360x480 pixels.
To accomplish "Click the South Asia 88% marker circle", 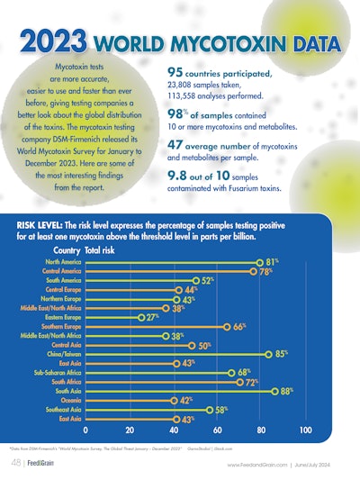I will (274, 391).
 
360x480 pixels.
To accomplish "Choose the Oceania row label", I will (65, 400).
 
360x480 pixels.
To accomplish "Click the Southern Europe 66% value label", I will (240, 326).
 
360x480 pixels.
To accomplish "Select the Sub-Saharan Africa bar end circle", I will (230, 373).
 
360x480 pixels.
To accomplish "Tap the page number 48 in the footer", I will (17, 463).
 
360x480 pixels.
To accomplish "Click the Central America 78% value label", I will (266, 270).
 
